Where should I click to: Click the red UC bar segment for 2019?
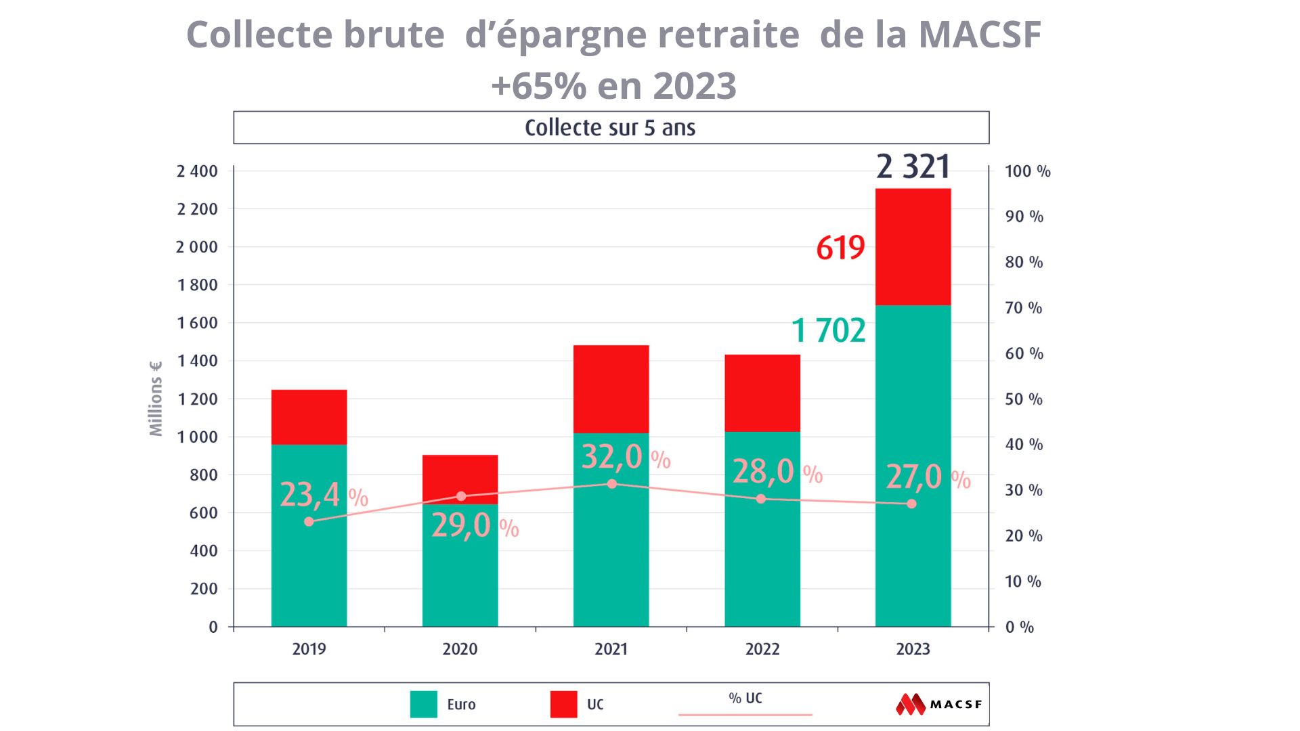click(x=309, y=416)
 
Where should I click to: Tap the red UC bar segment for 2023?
click(x=913, y=246)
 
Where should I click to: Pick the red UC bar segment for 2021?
click(x=611, y=389)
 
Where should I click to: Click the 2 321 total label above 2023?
click(x=913, y=167)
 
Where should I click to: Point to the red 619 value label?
click(x=840, y=248)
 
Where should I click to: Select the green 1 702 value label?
click(x=828, y=331)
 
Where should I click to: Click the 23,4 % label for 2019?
click(x=323, y=495)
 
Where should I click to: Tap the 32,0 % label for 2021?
click(x=625, y=458)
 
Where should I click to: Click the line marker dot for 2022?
click(x=761, y=499)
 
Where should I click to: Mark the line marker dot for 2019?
click(x=309, y=521)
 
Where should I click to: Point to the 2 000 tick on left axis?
click(x=197, y=247)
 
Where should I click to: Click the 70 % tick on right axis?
click(x=1023, y=308)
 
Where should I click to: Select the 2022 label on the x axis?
click(x=762, y=649)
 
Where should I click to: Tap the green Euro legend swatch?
click(x=424, y=704)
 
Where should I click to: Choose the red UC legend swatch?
click(x=563, y=704)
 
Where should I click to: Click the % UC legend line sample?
click(x=745, y=713)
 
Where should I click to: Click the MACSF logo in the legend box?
click(x=938, y=704)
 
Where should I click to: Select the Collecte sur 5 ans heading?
click(x=610, y=128)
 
